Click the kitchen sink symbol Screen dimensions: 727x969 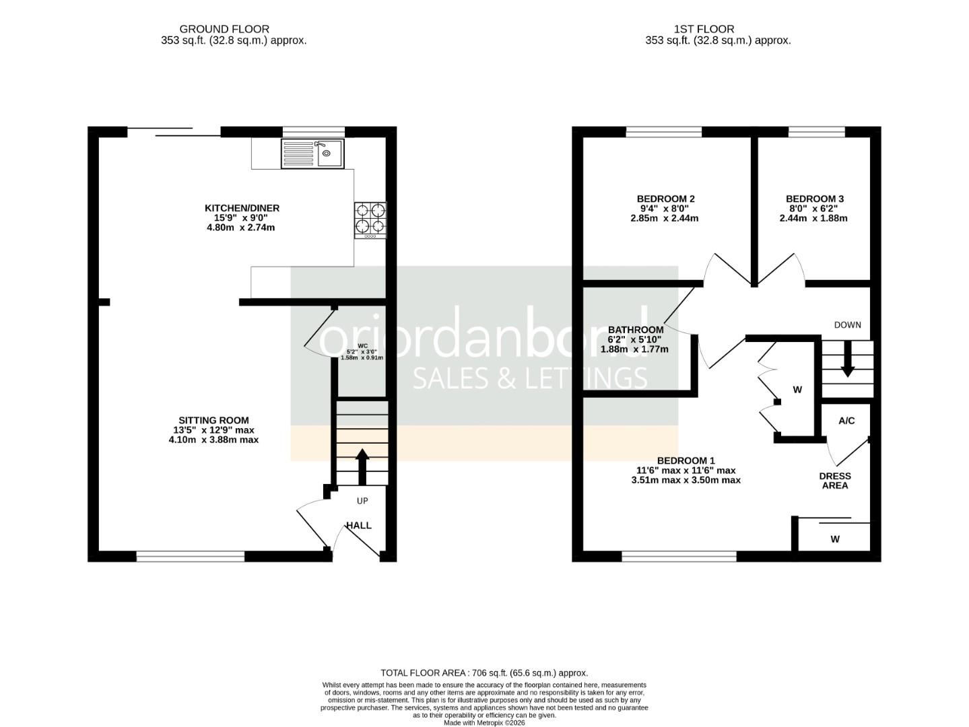tap(312, 153)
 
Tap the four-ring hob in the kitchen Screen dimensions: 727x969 tap(370, 220)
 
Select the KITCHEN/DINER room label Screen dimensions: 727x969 tap(242, 208)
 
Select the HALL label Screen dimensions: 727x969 tap(359, 525)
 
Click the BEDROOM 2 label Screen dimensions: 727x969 tap(665, 199)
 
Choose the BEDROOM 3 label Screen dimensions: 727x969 tap(814, 199)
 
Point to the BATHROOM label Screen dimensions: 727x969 tap(636, 329)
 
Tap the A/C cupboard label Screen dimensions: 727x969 tap(846, 421)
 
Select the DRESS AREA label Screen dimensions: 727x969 tap(834, 481)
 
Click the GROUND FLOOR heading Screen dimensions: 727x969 tap(224, 29)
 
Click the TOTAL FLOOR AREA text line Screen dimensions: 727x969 tap(484, 672)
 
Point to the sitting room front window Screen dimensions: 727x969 tap(191, 556)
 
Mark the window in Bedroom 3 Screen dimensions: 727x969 tap(816, 132)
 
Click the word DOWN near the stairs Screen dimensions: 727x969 tap(847, 324)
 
